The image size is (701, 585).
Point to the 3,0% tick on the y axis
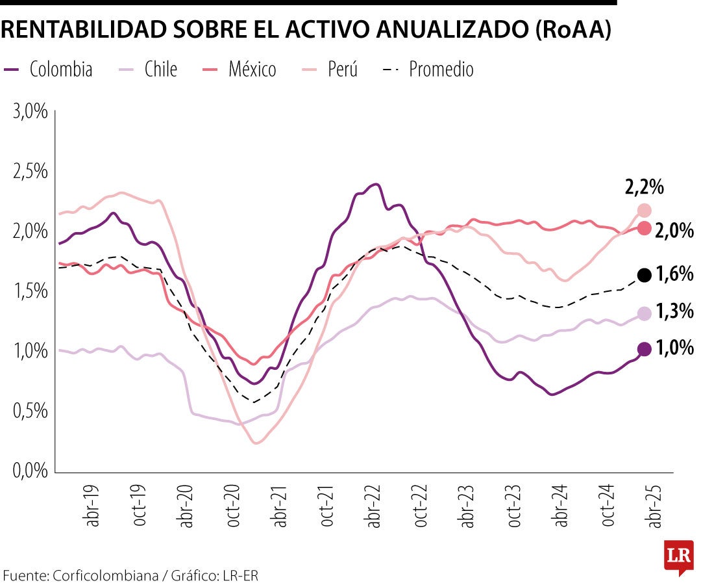pos(31,111)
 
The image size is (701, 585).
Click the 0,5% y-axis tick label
pos(31,411)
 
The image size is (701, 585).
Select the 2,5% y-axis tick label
pos(31,172)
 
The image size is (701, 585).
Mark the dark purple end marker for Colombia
pos(645,349)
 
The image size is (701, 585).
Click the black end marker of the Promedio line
pos(645,275)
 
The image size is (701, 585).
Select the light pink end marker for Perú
pos(645,210)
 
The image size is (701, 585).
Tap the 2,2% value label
pos(645,188)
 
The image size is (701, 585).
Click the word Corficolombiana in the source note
pos(106,575)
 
